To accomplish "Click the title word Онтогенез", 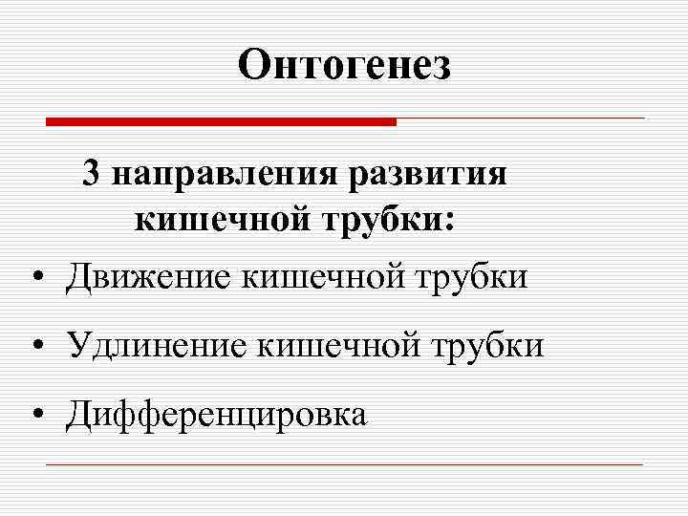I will [x=344, y=65].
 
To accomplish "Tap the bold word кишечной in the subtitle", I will [x=223, y=221].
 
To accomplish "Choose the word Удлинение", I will [x=155, y=345].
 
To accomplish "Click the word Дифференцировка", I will [x=216, y=414].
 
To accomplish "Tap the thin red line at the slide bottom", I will [x=344, y=465].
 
